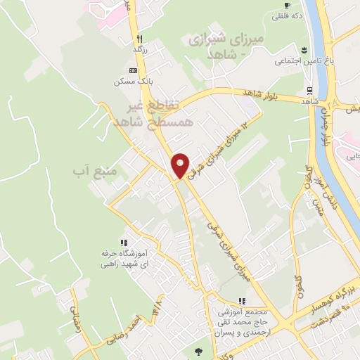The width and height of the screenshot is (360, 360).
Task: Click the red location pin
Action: (180, 165)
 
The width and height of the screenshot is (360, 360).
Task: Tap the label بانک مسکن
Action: (133, 82)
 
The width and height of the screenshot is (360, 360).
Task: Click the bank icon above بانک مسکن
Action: (133, 71)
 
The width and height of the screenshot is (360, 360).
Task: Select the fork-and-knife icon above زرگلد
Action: (140, 39)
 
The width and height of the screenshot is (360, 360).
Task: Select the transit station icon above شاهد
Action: (309, 90)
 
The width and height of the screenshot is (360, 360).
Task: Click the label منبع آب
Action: (91, 170)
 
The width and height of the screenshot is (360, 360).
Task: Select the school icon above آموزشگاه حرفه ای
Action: (124, 243)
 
